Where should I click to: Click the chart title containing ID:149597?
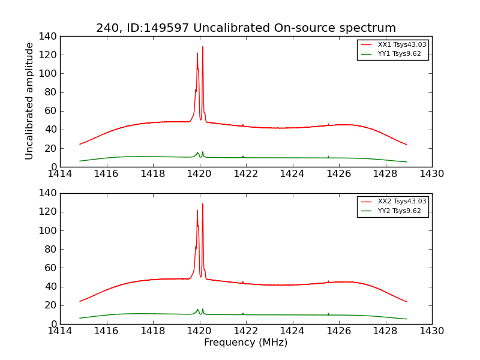[246, 28]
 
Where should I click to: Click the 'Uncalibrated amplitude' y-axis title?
[29, 101]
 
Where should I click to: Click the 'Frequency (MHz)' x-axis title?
[246, 343]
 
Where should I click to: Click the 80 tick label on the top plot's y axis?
[50, 92]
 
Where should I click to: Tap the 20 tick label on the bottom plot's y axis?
[50, 305]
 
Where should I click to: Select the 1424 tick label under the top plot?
[292, 174]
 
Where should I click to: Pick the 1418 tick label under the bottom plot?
[153, 331]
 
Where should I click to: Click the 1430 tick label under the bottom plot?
[431, 331]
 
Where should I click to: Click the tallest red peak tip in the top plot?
[203, 47]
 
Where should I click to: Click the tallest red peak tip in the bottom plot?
[203, 204]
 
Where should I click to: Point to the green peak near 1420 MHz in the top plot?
[197, 152]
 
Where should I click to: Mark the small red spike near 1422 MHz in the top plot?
[243, 125]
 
